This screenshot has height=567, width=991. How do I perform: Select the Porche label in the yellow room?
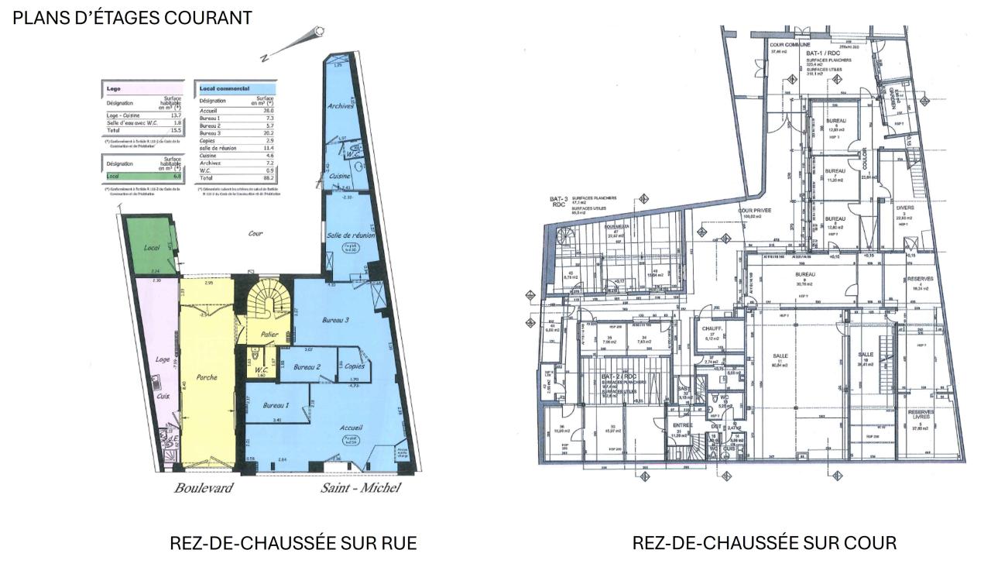click(x=207, y=377)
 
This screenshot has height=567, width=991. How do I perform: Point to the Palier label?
click(x=269, y=335)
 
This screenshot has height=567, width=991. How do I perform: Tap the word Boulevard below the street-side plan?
click(x=203, y=488)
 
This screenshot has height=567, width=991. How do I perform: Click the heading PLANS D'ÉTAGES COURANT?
click(x=132, y=18)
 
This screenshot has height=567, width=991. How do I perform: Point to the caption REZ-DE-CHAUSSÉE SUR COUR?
click(x=764, y=543)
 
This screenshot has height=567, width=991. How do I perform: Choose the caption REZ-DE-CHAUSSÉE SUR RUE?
click(x=293, y=543)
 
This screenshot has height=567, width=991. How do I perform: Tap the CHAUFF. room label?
click(x=712, y=328)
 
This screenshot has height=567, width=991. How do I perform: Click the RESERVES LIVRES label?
click(x=921, y=415)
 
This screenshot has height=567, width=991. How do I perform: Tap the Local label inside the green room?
click(x=151, y=248)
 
